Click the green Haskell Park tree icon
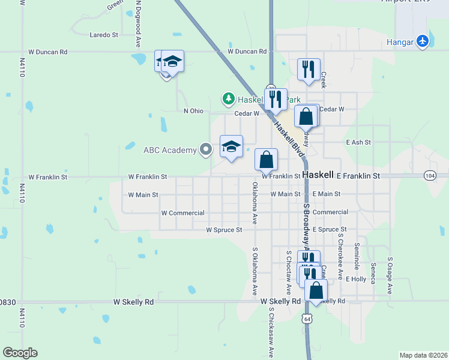[228, 98]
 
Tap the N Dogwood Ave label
[138, 24]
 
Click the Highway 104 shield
[429, 175]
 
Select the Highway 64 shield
[307, 317]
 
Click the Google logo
[20, 353]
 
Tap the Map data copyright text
[423, 355]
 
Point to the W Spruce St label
[223, 230]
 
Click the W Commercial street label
[182, 213]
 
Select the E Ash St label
[359, 142]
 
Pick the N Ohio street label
[194, 111]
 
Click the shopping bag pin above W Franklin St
[266, 160]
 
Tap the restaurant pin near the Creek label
[309, 70]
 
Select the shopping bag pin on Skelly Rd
[316, 290]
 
